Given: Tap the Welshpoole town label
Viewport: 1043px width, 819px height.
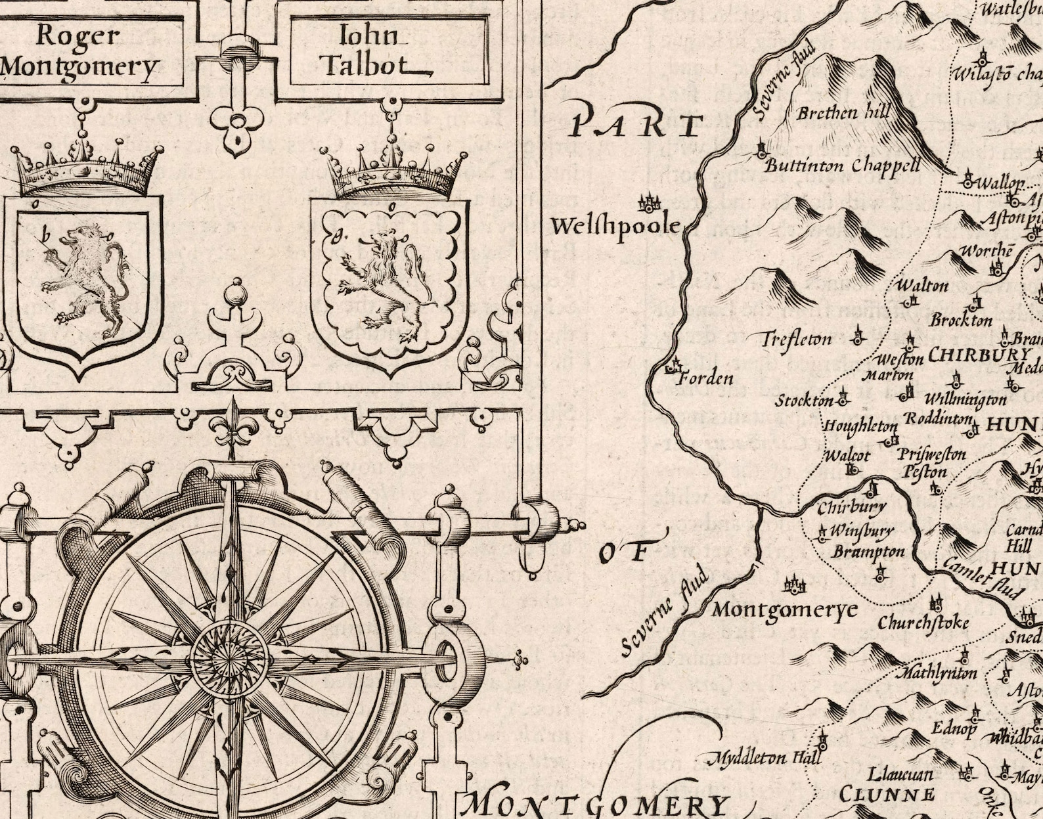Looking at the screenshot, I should click(615, 227).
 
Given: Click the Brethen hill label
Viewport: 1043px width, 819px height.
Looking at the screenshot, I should click(843, 113).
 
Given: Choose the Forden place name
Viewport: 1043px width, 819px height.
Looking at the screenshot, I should click(705, 378).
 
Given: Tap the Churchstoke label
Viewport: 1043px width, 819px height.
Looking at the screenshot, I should click(923, 622).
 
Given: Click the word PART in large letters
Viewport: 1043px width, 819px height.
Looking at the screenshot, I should click(636, 124).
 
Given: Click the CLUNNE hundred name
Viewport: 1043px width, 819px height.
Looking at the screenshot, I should click(887, 794).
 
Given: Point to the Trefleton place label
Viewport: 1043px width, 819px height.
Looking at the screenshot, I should click(797, 340).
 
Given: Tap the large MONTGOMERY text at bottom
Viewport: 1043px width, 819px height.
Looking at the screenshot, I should click(598, 805).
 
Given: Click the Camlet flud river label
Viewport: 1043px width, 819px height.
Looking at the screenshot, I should click(983, 578).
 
